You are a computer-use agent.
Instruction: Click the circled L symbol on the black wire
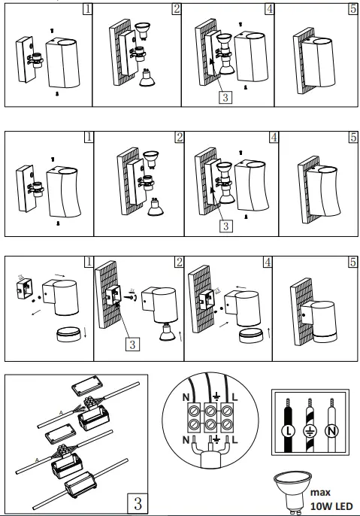tap(289, 431)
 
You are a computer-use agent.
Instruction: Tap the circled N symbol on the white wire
tap(331, 431)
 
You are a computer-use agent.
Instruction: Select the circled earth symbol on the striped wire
tap(310, 431)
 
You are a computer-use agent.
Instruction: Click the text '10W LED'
tap(331, 506)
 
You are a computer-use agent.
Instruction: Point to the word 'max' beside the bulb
tap(320, 493)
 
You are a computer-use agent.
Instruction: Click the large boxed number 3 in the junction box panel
tap(138, 503)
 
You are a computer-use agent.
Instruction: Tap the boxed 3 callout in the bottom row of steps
tap(132, 345)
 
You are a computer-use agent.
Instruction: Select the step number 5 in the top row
tap(352, 8)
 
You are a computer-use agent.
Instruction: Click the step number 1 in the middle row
tap(89, 137)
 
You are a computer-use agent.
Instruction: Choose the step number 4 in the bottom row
tap(268, 262)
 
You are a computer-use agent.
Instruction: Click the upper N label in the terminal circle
tap(186, 397)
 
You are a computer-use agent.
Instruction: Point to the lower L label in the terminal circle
tap(234, 439)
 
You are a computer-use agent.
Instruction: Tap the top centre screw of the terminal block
tap(210, 411)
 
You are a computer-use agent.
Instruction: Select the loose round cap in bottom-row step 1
tap(68, 334)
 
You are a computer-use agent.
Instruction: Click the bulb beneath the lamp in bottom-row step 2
tap(168, 332)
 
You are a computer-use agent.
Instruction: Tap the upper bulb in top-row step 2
tap(142, 31)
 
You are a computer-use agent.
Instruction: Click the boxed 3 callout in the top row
tap(225, 97)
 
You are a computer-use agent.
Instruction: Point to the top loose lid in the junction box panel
tap(87, 385)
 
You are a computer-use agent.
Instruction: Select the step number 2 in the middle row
tap(179, 137)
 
